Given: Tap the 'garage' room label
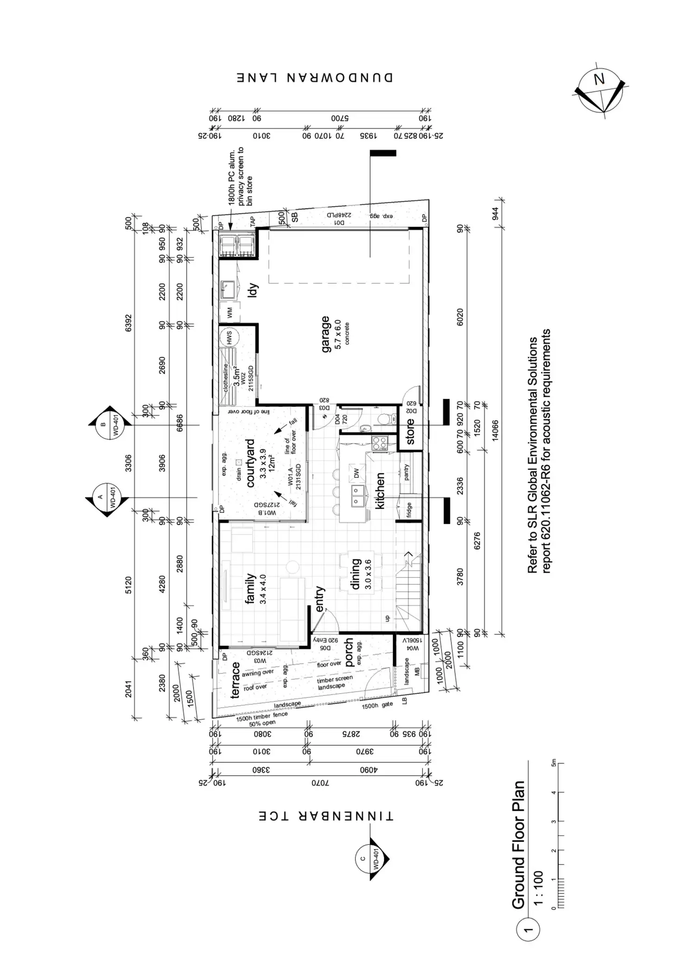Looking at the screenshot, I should click(x=326, y=334).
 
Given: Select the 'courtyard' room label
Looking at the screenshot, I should click(x=251, y=463).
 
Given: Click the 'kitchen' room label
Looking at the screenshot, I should click(x=380, y=491).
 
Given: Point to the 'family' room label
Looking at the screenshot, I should click(x=250, y=588).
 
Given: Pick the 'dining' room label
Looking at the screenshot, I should click(x=356, y=574).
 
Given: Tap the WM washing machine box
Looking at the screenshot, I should click(x=230, y=313).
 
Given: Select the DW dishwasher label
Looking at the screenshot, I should click(x=356, y=473).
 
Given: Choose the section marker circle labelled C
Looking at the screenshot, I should click(x=369, y=859).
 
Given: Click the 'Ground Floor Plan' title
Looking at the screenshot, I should click(x=518, y=845).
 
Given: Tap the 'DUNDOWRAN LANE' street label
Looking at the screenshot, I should click(x=315, y=77).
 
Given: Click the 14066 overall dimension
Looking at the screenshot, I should click(x=494, y=431).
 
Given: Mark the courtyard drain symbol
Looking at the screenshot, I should click(x=239, y=462).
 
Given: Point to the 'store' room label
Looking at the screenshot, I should click(x=410, y=432).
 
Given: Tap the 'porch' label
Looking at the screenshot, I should click(x=349, y=652).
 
